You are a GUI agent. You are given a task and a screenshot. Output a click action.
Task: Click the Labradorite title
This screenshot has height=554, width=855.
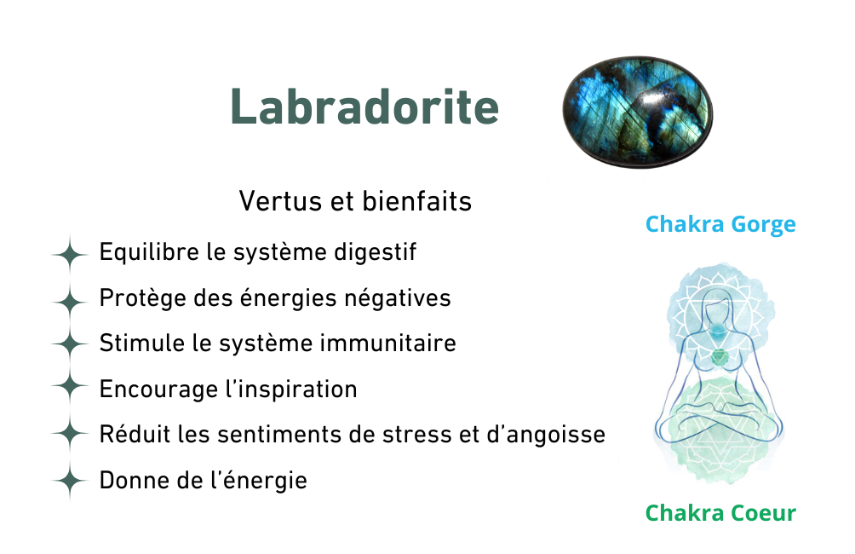[364, 107]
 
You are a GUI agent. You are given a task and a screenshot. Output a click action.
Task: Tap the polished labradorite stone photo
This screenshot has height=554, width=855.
[638, 112]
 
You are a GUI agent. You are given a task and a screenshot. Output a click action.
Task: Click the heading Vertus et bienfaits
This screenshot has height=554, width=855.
[355, 201]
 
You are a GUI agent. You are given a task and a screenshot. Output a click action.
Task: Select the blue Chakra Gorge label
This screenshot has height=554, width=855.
[720, 224]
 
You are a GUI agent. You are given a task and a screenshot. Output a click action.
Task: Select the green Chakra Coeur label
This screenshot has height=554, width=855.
[720, 512]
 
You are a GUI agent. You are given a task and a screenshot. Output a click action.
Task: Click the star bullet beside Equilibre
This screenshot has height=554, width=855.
[69, 254]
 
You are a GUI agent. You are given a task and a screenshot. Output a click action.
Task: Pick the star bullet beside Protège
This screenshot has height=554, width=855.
[69, 301]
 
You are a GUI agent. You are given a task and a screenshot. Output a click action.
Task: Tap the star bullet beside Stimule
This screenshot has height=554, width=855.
[69, 343]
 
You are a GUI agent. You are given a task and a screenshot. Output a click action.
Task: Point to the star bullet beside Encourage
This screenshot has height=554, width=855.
[69, 385]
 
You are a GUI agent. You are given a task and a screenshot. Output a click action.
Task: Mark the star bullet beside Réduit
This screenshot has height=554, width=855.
[69, 433]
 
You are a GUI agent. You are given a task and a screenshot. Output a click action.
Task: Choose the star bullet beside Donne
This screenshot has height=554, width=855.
[69, 481]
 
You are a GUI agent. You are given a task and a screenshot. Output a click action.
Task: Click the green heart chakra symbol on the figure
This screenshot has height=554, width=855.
[720, 358]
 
